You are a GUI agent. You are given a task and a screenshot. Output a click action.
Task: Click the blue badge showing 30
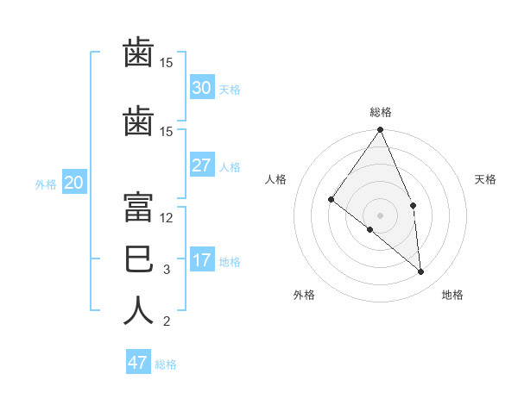click(x=202, y=87)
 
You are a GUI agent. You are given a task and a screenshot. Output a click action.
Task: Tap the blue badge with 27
click(x=202, y=165)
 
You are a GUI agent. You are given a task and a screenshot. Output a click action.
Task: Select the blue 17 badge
click(x=202, y=259)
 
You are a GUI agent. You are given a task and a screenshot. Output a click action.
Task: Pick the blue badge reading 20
click(x=74, y=182)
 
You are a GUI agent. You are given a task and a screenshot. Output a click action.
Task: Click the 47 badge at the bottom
click(x=138, y=361)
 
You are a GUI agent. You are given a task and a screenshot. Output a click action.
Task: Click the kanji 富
click(x=138, y=207)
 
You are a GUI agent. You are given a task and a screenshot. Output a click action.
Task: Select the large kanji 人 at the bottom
click(x=138, y=310)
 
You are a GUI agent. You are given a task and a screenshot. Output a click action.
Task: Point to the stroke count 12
click(x=166, y=218)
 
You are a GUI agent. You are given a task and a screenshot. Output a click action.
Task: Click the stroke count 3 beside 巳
click(x=167, y=270)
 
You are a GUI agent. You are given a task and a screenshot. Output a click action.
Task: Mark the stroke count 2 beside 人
click(x=167, y=321)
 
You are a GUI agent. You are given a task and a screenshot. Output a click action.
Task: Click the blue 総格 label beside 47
click(x=166, y=364)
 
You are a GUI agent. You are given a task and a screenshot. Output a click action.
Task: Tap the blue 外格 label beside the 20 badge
click(x=46, y=184)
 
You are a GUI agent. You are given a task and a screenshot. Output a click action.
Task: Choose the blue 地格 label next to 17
click(x=230, y=262)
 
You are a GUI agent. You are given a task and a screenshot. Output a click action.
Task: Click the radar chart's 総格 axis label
click(x=381, y=112)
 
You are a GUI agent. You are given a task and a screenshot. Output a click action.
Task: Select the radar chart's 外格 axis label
click(x=304, y=295)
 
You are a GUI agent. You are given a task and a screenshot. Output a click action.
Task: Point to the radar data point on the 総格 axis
click(x=380, y=129)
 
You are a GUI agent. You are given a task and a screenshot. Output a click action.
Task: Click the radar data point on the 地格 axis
click(x=420, y=272)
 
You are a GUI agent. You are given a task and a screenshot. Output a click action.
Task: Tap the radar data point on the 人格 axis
click(x=331, y=200)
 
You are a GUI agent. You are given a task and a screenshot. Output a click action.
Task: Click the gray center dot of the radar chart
click(x=380, y=215)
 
